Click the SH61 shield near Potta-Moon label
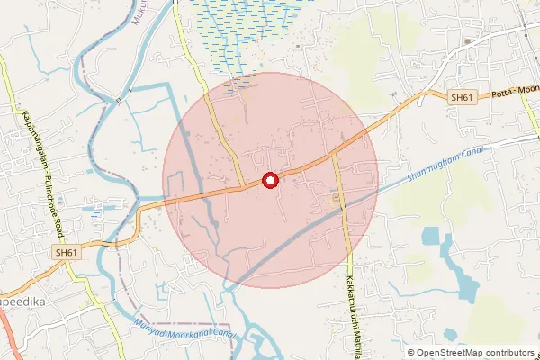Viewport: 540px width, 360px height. [x=462, y=96]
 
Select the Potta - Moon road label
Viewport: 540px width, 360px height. [x=512, y=94]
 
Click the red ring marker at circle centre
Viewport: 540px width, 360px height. [x=270, y=181]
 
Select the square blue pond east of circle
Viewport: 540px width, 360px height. [x=429, y=238]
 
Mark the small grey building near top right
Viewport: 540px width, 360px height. [x=468, y=41]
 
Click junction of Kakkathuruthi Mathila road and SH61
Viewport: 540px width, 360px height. [x=334, y=154]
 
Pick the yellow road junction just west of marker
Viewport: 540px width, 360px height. [x=244, y=186]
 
